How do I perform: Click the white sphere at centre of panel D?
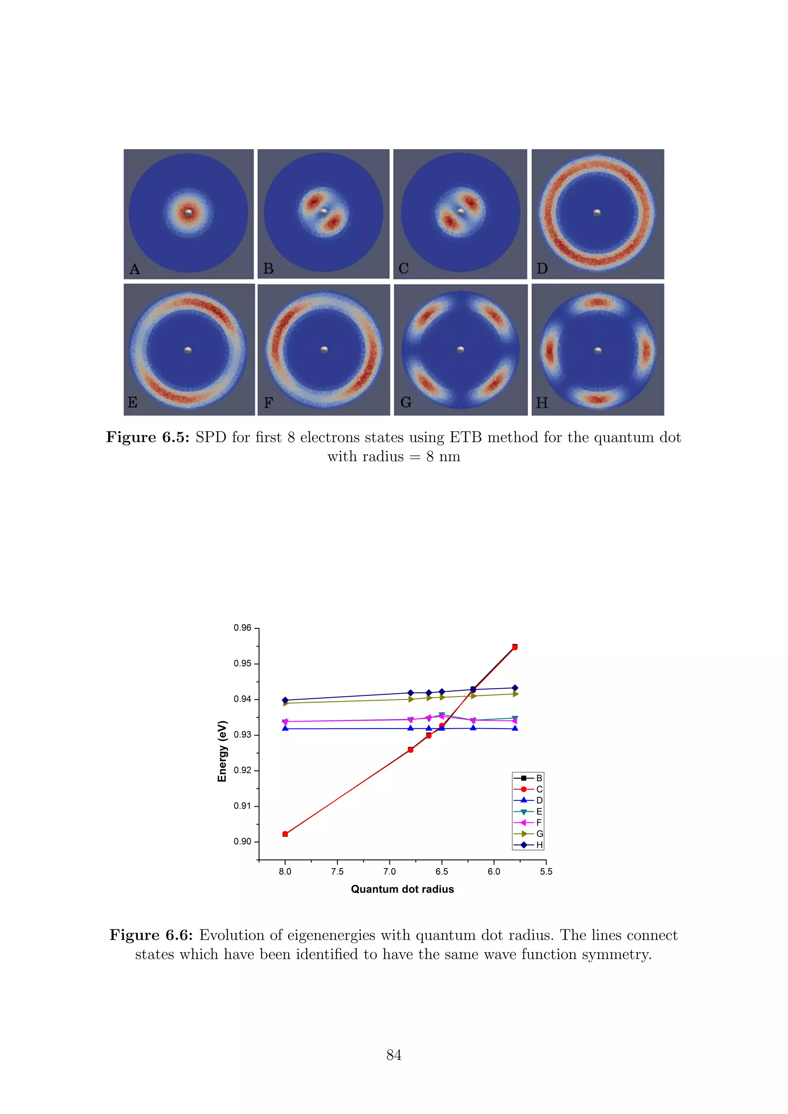click(x=597, y=212)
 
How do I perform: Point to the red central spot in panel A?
click(x=188, y=212)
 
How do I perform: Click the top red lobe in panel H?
click(x=598, y=303)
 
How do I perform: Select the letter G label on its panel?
click(x=406, y=403)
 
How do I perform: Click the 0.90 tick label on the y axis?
click(x=243, y=841)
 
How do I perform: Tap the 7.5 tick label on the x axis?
click(x=337, y=871)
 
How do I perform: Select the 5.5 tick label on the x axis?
click(x=546, y=871)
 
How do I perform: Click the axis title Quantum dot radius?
click(x=402, y=889)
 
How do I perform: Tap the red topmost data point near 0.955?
click(x=515, y=647)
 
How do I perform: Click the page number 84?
click(x=394, y=1055)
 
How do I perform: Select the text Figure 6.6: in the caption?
click(x=151, y=935)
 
